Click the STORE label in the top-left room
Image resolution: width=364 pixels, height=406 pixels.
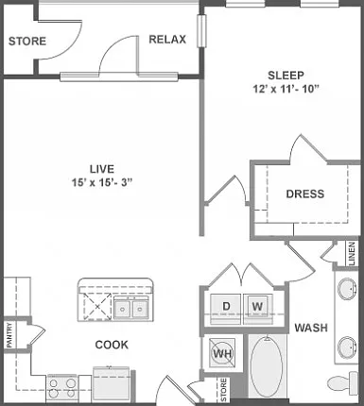(x=27, y=42)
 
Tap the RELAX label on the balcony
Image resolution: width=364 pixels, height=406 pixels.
(x=167, y=40)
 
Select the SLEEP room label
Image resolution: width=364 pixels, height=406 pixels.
(x=286, y=76)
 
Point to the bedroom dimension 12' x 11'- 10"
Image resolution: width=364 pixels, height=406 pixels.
(x=286, y=89)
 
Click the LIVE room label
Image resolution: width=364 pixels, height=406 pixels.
(x=102, y=169)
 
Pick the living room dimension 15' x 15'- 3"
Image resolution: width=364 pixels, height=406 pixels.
(x=102, y=182)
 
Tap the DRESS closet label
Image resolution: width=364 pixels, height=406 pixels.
(x=305, y=194)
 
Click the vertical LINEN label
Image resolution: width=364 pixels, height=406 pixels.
(x=352, y=253)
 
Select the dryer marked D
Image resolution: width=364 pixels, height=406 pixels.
(x=226, y=306)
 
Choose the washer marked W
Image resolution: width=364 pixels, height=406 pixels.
(x=257, y=306)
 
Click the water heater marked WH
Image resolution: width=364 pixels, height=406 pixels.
(x=223, y=353)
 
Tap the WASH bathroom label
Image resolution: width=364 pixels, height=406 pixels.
(x=311, y=328)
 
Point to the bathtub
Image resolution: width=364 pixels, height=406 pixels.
(x=267, y=365)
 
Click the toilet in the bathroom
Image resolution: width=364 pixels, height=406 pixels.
(x=343, y=382)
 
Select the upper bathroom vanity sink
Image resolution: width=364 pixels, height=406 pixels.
(x=347, y=288)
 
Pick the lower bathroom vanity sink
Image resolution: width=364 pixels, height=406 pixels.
(x=347, y=347)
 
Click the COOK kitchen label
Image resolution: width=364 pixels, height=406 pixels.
(x=112, y=345)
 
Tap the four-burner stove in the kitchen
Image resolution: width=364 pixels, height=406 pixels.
(x=62, y=388)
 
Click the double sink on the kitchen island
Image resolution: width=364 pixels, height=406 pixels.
(x=130, y=309)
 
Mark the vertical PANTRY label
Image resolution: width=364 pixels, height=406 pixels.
(x=9, y=335)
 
